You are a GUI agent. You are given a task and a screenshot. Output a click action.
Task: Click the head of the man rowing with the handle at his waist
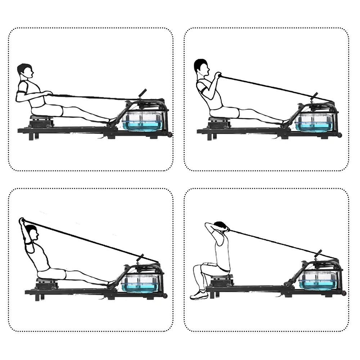(25, 72)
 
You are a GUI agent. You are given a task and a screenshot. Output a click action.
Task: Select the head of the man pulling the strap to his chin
(202, 67)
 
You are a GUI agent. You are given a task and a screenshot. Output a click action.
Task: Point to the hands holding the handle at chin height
(217, 75)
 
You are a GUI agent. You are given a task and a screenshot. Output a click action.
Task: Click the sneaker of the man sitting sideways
(198, 295)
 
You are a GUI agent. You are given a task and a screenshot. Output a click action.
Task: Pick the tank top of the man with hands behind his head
(222, 252)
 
